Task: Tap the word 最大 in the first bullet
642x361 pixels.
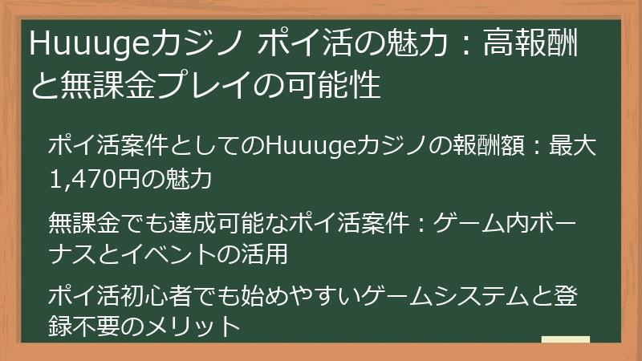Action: click(x=571, y=148)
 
